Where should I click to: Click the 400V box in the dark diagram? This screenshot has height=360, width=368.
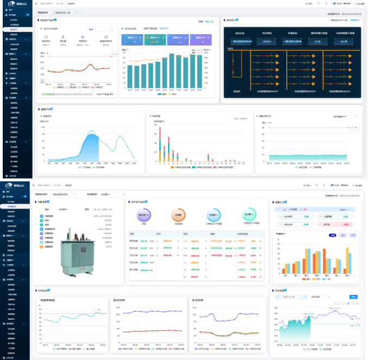coord(267,41)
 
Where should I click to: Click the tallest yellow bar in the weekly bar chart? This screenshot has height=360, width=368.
coord(347,260)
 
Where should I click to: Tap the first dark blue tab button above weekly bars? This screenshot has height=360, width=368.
coord(333,235)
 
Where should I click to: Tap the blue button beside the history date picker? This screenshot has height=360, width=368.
coord(354,297)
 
